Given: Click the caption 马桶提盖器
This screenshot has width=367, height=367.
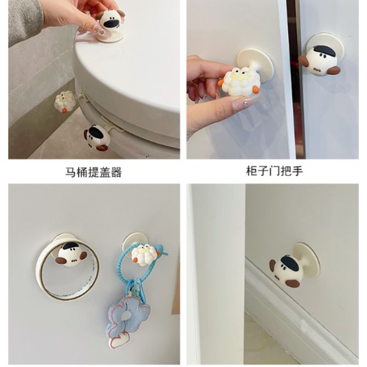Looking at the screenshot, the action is pos(93,172).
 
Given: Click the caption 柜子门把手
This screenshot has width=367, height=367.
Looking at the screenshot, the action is pos(274,171).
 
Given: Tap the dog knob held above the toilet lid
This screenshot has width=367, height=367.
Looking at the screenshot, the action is pos(111,21).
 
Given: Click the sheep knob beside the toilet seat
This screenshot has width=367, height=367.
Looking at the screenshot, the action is pos(65,102).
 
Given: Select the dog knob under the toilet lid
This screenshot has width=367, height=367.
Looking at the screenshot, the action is pos(97,137).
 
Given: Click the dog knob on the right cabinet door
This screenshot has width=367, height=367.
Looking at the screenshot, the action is pos(319,61).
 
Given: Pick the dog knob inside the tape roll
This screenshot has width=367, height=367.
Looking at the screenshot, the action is pos(71,255).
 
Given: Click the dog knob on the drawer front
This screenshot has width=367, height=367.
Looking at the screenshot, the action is pos(288,272).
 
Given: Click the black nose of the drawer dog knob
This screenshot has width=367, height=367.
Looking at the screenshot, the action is pos(290,263).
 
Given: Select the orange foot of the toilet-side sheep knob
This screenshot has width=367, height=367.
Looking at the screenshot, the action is pos(65,111).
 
